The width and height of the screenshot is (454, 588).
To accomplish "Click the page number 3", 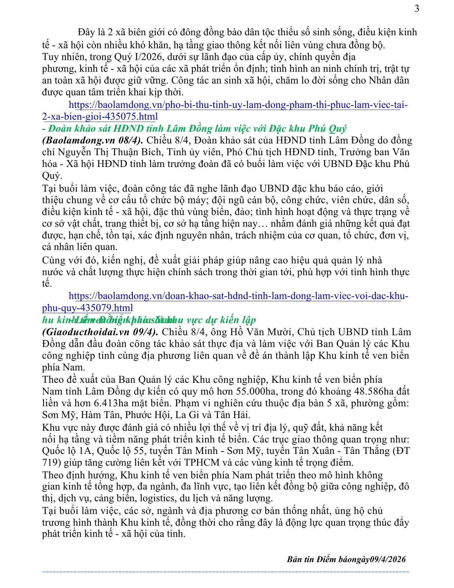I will click(417, 9).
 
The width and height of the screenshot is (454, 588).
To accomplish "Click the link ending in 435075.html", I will click(100, 117).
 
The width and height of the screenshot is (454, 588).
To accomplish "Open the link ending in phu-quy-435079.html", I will click(87, 308).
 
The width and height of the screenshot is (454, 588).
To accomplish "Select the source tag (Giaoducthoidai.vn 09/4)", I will click(100, 332).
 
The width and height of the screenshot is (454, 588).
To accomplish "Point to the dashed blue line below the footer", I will click(226, 572).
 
